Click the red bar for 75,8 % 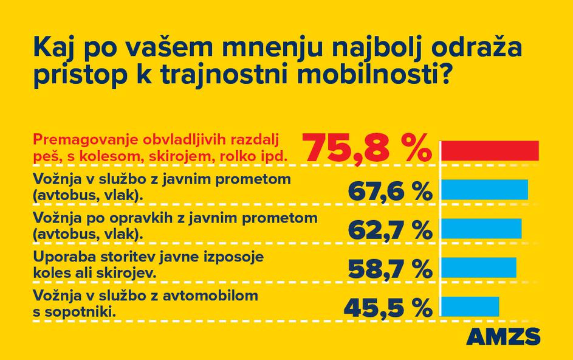[x=490, y=151]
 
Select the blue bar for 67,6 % [x=484, y=190]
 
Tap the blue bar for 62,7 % [x=481, y=229]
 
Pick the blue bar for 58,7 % [x=478, y=268]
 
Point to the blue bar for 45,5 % [x=470, y=306]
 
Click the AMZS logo [x=503, y=336]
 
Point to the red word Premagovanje [x=74, y=140]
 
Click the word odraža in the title [x=470, y=49]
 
